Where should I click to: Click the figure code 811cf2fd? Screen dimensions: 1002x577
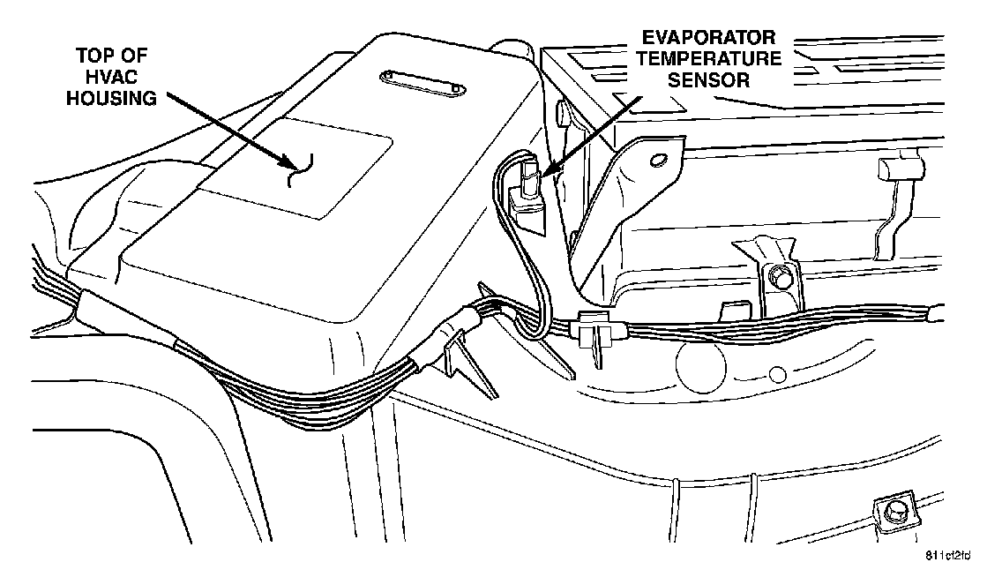(x=947, y=556)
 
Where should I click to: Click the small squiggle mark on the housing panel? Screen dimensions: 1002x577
(x=301, y=169)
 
